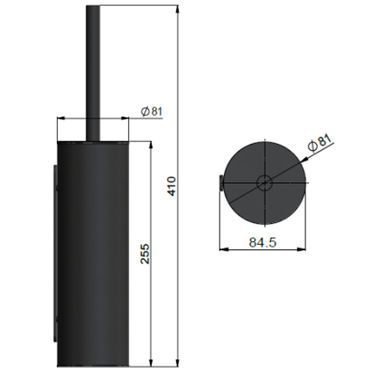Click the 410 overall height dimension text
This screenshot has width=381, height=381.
171,186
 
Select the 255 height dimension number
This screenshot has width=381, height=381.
145,254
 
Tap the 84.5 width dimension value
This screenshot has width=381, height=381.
262,242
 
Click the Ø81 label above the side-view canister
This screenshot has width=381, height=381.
152,112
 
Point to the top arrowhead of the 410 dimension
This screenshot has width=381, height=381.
177,9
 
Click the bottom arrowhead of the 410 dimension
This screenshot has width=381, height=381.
177,363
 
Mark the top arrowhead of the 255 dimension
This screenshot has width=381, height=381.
151,145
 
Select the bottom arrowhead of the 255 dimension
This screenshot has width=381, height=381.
151,363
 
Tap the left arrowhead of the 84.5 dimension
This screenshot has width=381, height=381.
223,249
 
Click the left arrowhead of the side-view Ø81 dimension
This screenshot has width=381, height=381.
61,118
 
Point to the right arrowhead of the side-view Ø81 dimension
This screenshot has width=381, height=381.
125,118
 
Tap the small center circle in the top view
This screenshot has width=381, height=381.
264,183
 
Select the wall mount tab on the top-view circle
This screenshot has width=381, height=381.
221,183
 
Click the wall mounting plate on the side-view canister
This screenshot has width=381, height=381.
55,252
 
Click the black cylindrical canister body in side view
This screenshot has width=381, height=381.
93,254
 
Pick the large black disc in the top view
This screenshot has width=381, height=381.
247,201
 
